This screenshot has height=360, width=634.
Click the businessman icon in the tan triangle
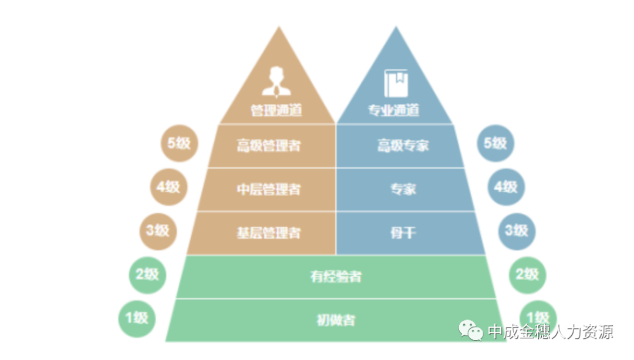[x=276, y=82]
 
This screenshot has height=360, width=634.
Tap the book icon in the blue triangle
[x=396, y=83]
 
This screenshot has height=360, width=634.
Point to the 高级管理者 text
[x=268, y=146]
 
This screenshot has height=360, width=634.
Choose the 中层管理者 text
[x=268, y=189]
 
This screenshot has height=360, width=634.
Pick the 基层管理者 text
[x=268, y=233]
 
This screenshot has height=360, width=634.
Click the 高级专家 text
[x=403, y=146]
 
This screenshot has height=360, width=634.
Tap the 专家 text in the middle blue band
[x=403, y=189]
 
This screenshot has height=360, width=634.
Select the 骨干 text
[x=403, y=233]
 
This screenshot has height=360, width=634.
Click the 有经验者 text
[x=336, y=276]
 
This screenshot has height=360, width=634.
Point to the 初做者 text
[x=336, y=320]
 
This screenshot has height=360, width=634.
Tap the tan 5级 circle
[x=179, y=143]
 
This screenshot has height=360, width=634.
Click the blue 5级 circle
[x=495, y=143]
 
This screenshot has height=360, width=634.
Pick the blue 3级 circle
[x=517, y=230]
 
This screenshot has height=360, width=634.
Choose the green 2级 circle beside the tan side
[x=147, y=274]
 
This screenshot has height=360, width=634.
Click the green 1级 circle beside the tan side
[x=136, y=318]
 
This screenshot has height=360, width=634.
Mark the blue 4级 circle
[x=506, y=187]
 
